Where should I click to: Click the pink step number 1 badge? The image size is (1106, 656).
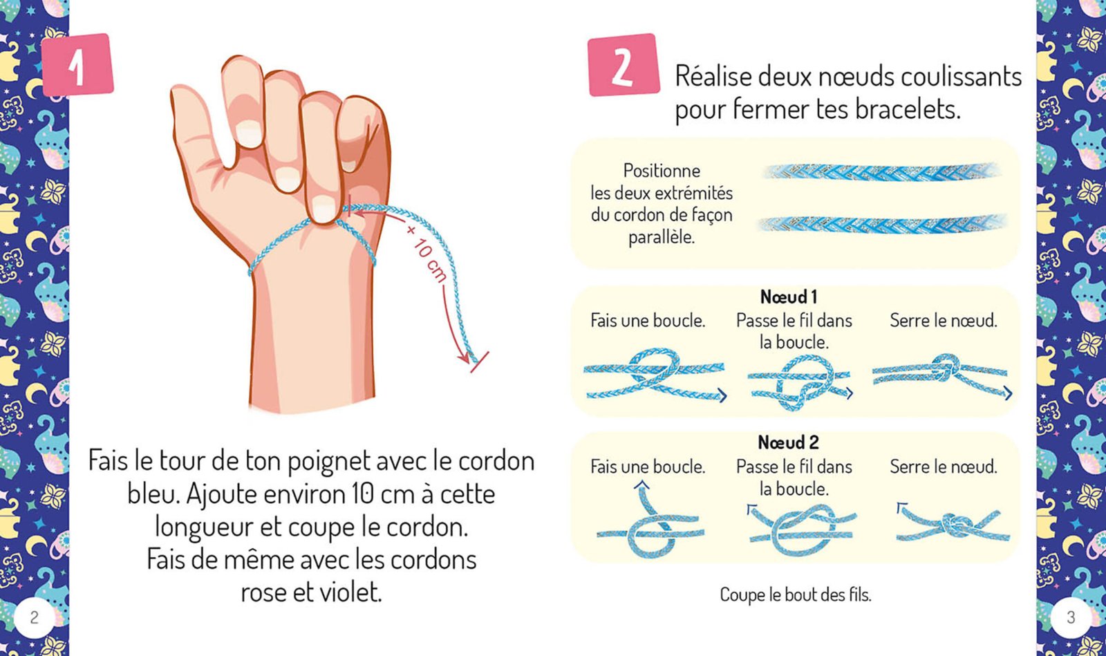point(77,65)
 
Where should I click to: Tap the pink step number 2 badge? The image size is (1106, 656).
point(622,65)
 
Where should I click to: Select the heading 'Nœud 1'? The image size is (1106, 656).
point(789,297)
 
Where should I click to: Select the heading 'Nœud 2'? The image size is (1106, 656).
point(788,442)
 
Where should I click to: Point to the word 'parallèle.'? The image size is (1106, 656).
point(662,237)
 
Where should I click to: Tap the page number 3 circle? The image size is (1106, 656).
point(1071,617)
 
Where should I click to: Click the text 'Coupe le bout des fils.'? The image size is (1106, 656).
point(796,594)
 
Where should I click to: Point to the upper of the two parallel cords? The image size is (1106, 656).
point(881,172)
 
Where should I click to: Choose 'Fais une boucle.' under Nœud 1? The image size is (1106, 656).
point(648,321)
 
